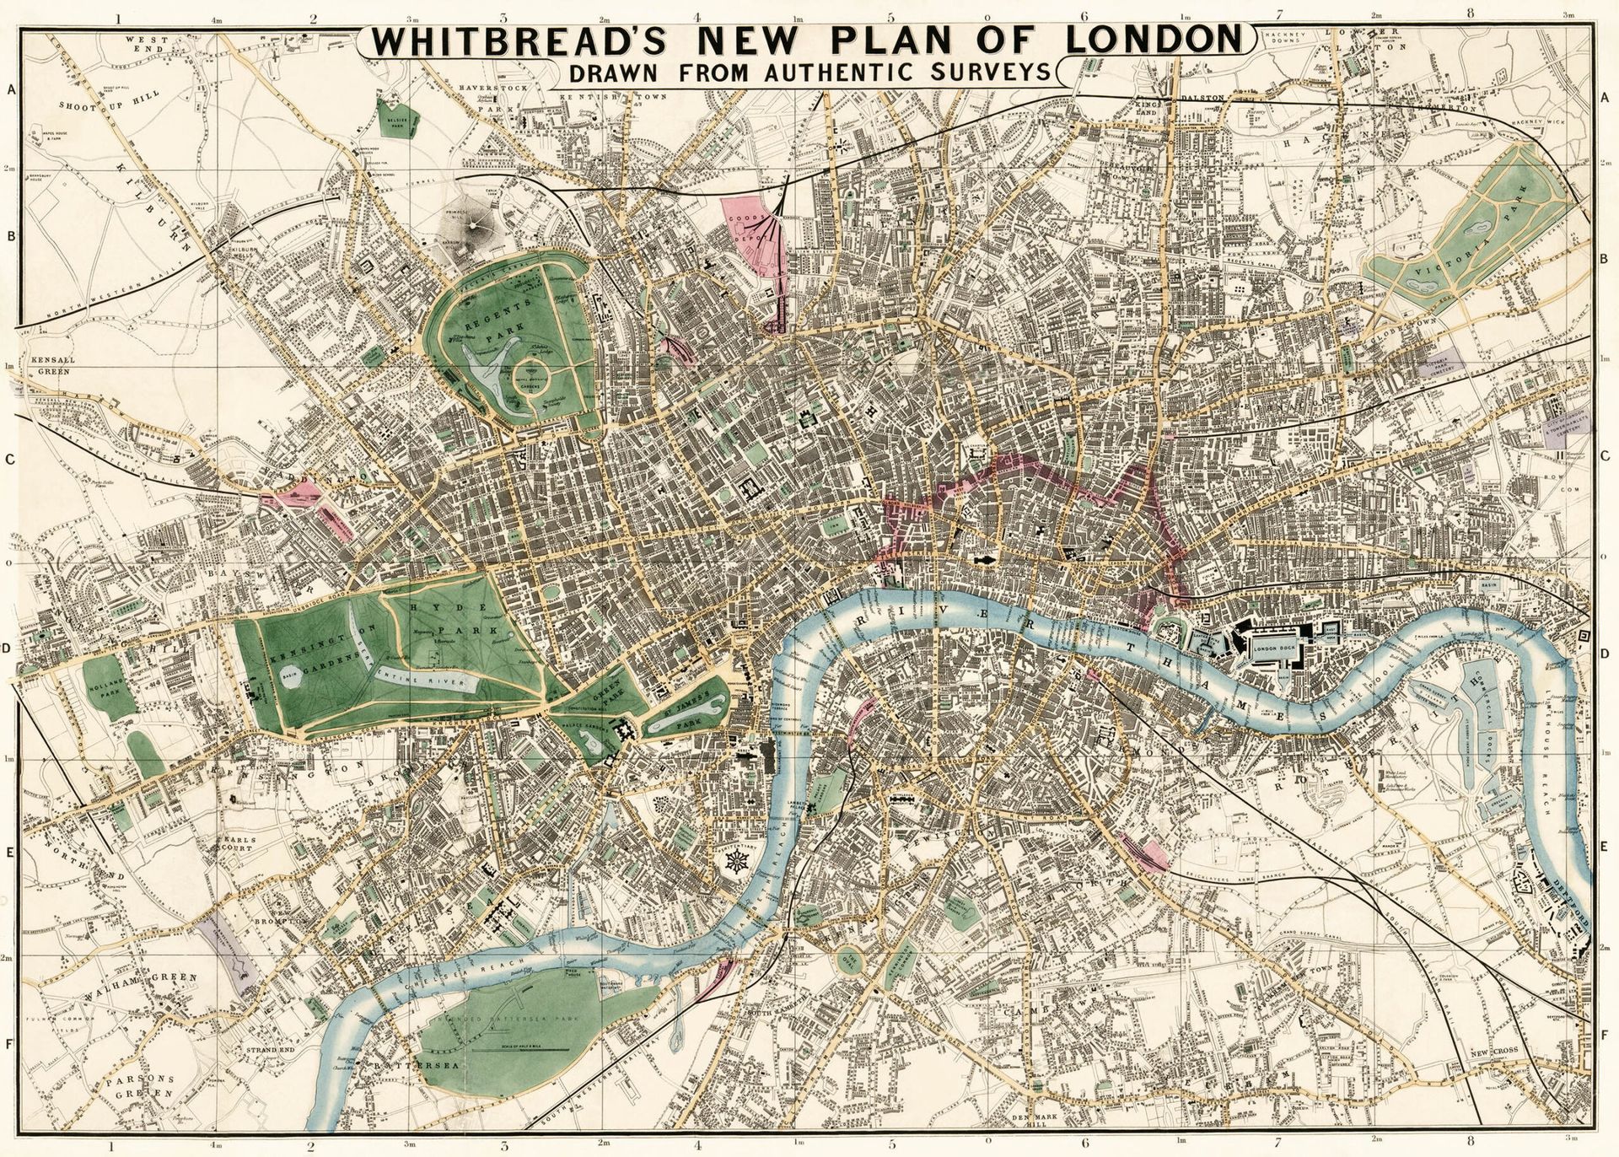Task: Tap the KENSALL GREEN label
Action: click(x=52, y=365)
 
